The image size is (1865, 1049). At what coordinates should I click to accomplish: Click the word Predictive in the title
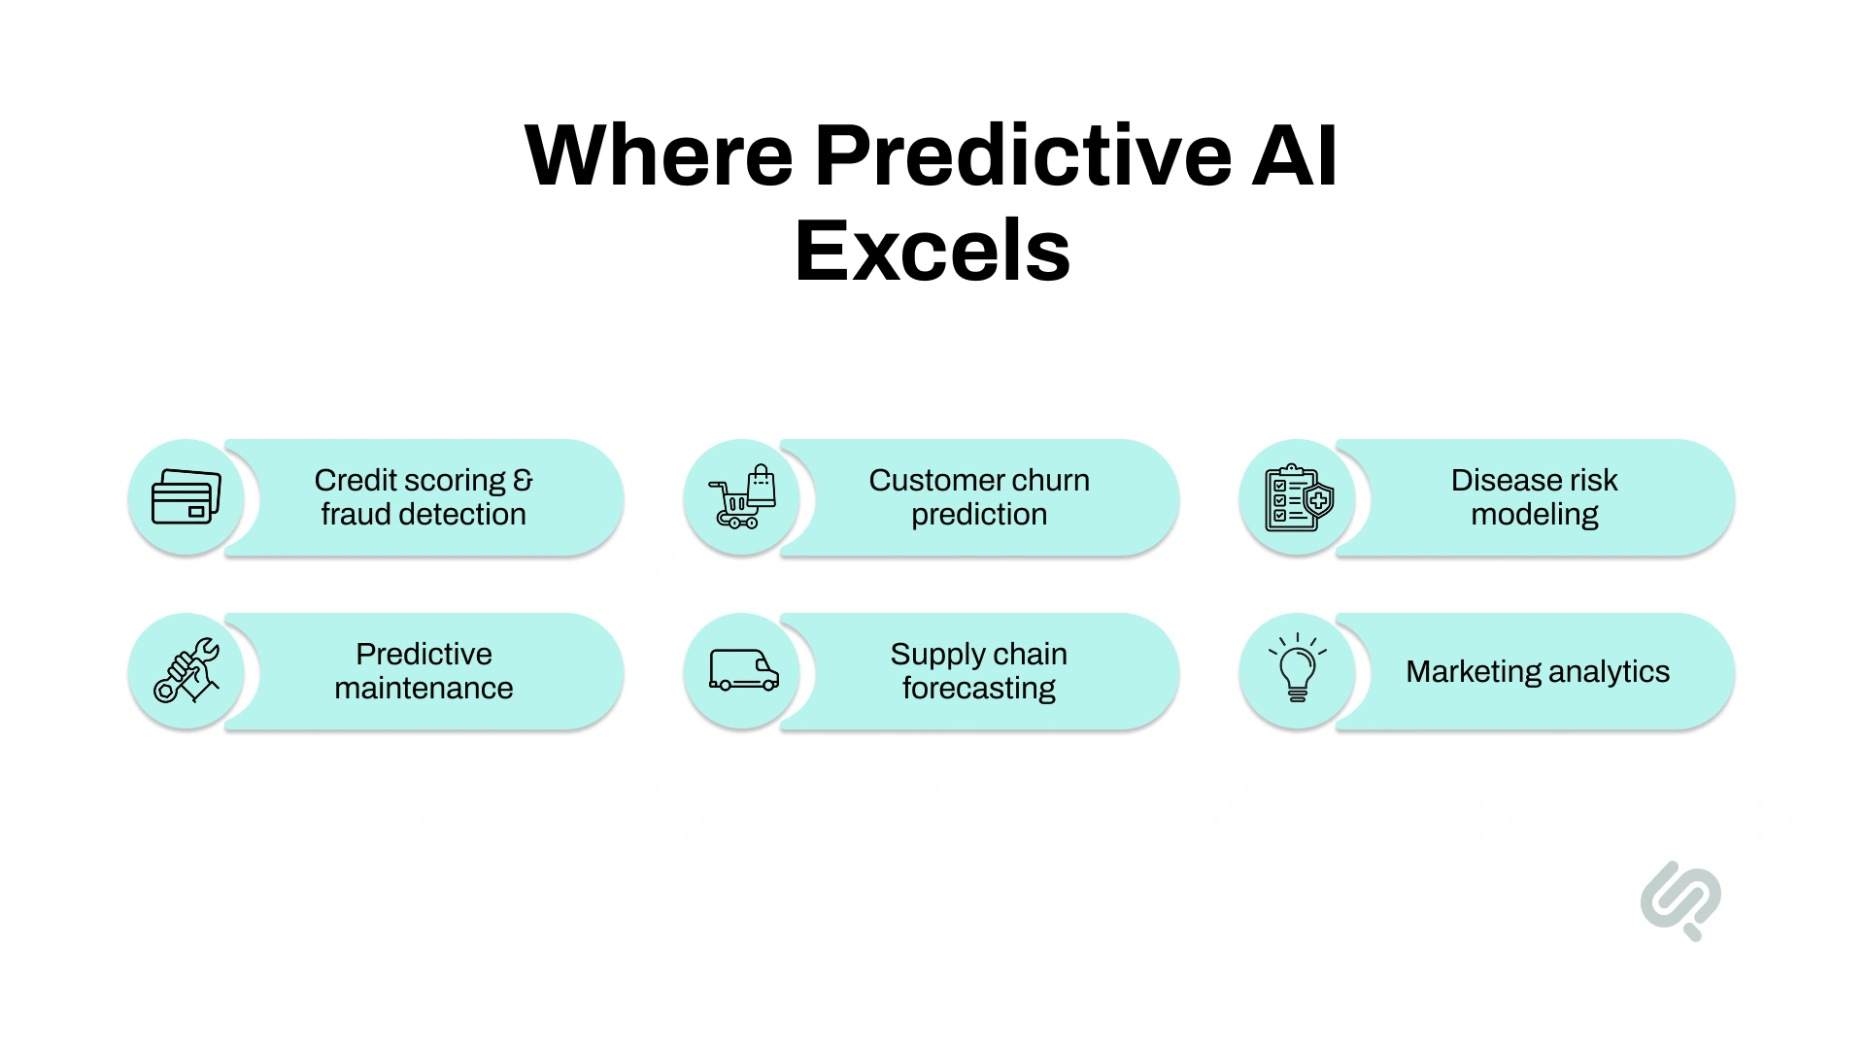[1023, 155]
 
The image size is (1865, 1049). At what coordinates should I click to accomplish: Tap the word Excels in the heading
[932, 251]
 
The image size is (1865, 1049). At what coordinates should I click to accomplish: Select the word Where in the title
[659, 155]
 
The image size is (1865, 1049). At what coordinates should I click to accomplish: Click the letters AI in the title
[1294, 155]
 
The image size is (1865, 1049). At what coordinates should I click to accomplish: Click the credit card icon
[186, 497]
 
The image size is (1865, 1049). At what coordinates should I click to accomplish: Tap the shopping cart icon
[742, 497]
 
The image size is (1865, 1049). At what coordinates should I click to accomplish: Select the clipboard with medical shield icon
[1298, 497]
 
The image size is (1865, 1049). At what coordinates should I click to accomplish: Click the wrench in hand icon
[186, 670]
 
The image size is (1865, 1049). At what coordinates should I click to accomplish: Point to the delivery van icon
[743, 670]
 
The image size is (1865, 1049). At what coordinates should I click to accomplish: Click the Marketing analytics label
[1537, 671]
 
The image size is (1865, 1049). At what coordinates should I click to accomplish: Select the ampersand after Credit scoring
[523, 480]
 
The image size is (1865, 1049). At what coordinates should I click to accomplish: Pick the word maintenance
[424, 688]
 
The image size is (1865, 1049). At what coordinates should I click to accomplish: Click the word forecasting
[978, 688]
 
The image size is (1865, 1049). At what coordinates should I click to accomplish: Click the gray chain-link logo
[1680, 899]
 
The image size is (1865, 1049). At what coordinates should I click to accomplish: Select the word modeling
[1534, 514]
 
